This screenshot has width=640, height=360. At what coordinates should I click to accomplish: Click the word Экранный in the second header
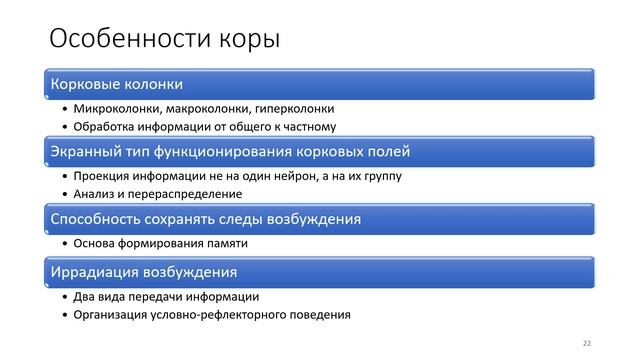pyautogui.click(x=86, y=152)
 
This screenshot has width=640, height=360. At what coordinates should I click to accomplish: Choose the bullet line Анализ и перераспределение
pyautogui.click(x=157, y=194)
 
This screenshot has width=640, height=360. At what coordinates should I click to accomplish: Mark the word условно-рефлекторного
pyautogui.click(x=219, y=314)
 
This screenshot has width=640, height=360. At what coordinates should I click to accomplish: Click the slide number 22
pyautogui.click(x=587, y=343)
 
